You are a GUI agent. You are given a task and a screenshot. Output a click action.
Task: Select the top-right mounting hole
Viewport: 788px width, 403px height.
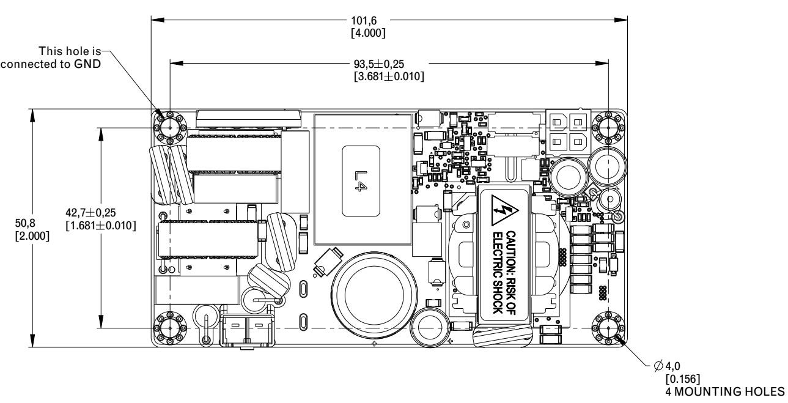tap(609, 127)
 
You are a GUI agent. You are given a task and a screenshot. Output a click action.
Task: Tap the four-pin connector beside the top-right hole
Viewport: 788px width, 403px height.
tap(568, 131)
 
